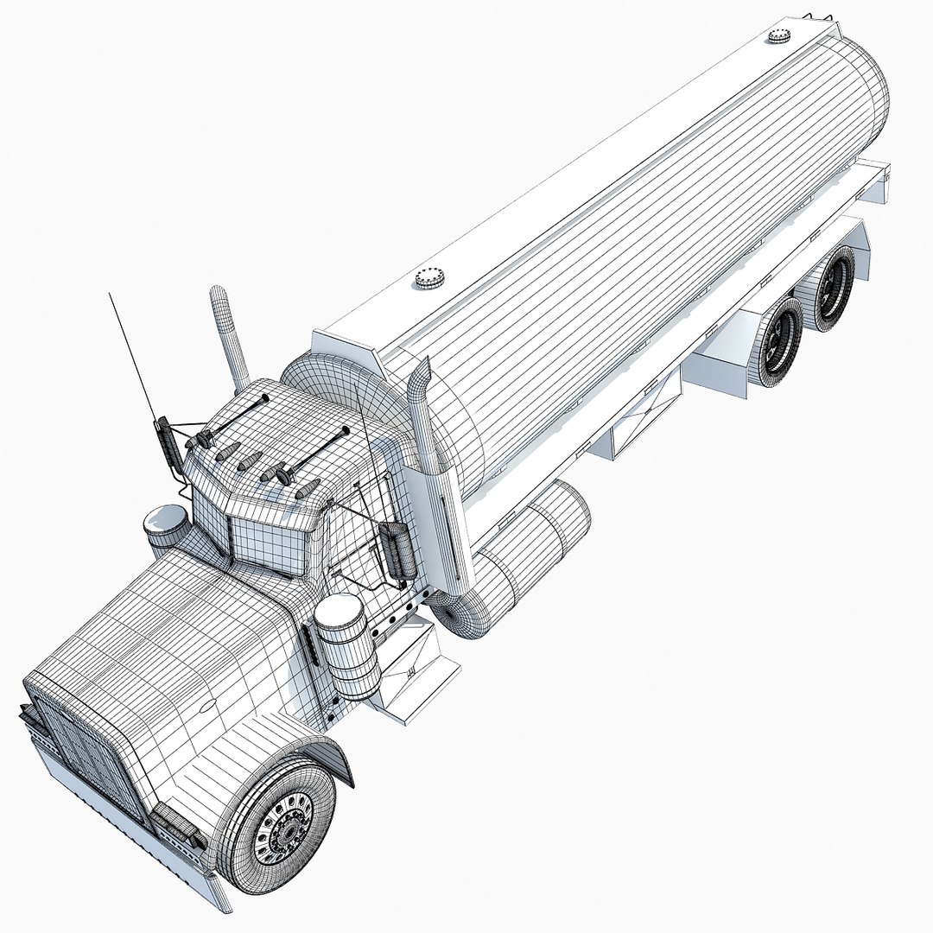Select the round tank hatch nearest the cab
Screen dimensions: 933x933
(428, 277)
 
